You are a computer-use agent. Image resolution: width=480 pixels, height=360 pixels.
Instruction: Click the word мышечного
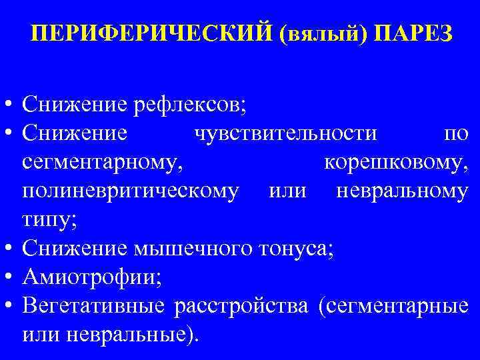(x=190, y=249)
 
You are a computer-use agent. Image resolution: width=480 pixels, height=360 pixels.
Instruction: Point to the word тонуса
(x=298, y=249)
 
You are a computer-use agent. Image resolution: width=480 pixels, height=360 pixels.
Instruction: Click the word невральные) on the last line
(x=143, y=334)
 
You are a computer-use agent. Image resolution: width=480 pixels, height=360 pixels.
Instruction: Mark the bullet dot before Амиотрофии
(x=9, y=277)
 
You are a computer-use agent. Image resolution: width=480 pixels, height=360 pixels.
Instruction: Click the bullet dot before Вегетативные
(x=9, y=305)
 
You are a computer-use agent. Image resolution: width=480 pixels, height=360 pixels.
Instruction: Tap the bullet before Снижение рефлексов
(x=9, y=105)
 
